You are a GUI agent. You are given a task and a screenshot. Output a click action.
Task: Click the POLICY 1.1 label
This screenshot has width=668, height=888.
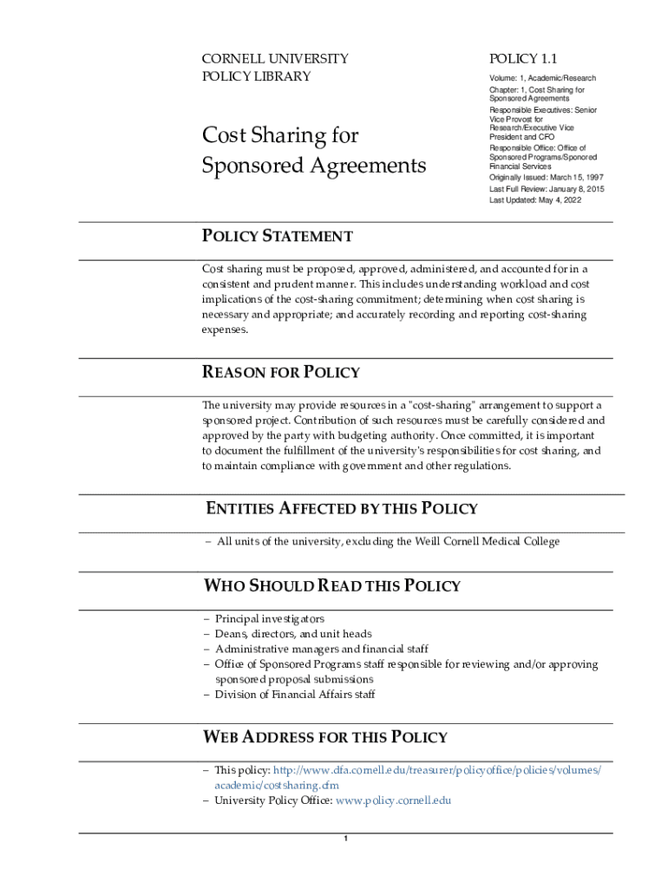pos(523,59)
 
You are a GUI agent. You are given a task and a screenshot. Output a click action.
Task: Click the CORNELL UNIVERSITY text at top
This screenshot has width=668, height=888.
pos(275,59)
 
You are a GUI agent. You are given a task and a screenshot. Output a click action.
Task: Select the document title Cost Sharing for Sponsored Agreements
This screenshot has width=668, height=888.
pos(313,150)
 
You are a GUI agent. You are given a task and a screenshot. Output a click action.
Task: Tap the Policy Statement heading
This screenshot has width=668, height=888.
pos(278,236)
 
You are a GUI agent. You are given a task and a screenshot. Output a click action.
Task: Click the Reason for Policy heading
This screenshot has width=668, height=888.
pos(281,372)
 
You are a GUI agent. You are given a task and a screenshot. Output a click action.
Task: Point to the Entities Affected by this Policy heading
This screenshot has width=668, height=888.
pos(341,508)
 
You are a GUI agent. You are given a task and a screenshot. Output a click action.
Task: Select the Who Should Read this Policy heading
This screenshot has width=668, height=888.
pos(331,585)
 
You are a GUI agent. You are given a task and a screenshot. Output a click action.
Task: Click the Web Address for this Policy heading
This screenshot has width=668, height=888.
pos(325,737)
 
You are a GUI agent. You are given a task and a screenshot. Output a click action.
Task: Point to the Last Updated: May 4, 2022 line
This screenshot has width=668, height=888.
pos(535,200)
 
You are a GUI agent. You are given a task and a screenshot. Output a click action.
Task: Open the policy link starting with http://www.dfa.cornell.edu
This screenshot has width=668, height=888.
pos(436,770)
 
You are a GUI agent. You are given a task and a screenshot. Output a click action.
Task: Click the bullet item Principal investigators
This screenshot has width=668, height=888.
pos(270,619)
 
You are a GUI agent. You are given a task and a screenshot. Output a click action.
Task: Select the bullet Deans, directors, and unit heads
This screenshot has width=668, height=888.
pos(293,634)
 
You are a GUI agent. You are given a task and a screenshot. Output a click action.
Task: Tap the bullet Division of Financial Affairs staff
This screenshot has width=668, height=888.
pos(295,695)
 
